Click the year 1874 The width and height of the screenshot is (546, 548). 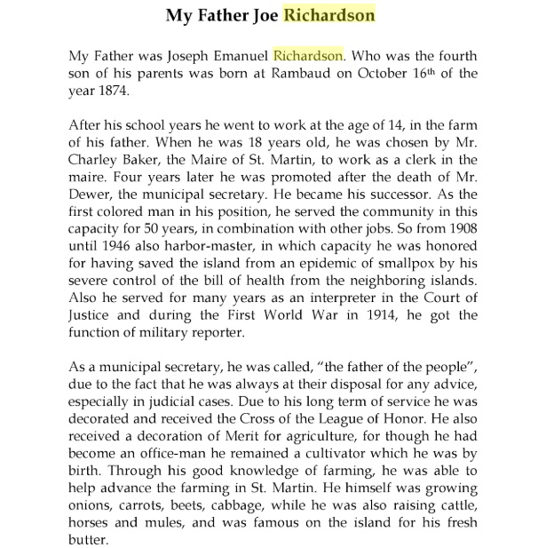click(115, 90)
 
